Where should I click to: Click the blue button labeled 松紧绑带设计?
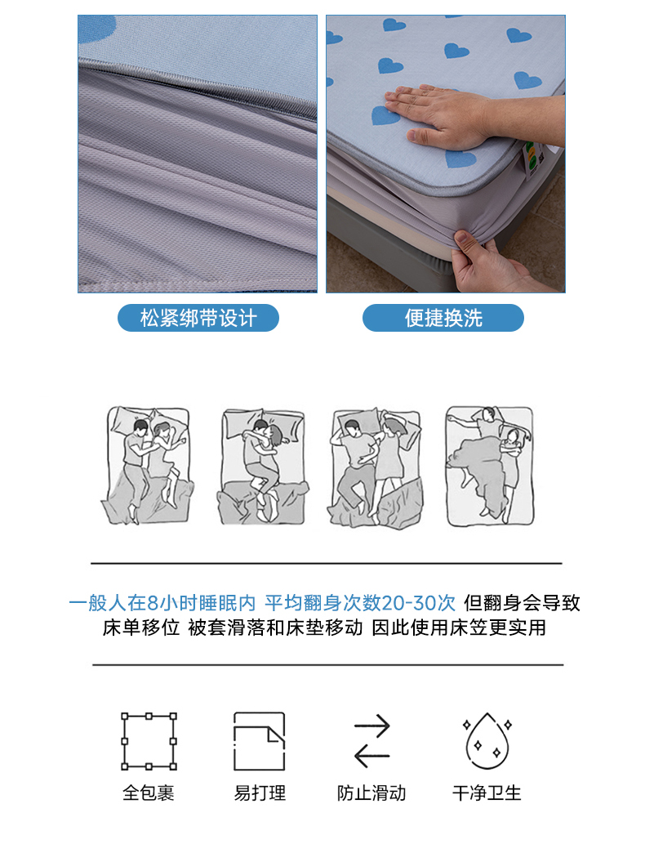coord(198,318)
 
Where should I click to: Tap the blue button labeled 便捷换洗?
coord(443,318)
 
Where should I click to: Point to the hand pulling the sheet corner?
coord(489,264)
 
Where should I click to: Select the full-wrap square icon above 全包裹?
coord(149,741)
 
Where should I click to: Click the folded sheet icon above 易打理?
coord(260,741)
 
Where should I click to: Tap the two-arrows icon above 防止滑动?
coord(372,740)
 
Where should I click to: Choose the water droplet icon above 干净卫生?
coord(487,740)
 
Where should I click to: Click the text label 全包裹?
coord(149,793)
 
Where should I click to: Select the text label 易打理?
coord(260,793)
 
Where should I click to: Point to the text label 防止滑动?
coord(371,793)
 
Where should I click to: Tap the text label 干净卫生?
coord(487,793)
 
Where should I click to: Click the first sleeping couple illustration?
coord(147,466)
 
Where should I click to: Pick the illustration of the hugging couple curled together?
coord(263,467)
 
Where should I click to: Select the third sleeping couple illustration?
coord(376,468)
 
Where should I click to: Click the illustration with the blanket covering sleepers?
coord(489,466)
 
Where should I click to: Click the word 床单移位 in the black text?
coord(141,628)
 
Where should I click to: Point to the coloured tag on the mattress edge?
coord(532,159)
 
